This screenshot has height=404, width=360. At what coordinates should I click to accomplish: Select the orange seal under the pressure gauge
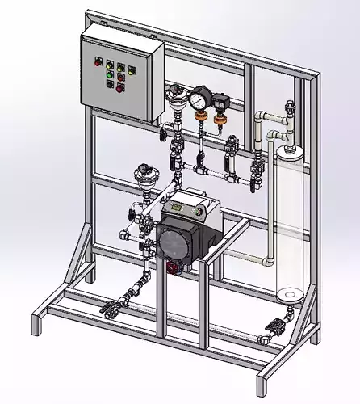click(197, 116)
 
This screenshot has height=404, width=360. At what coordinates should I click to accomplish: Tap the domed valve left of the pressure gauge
click(174, 103)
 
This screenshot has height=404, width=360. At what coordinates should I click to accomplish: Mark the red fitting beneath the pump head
click(172, 267)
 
